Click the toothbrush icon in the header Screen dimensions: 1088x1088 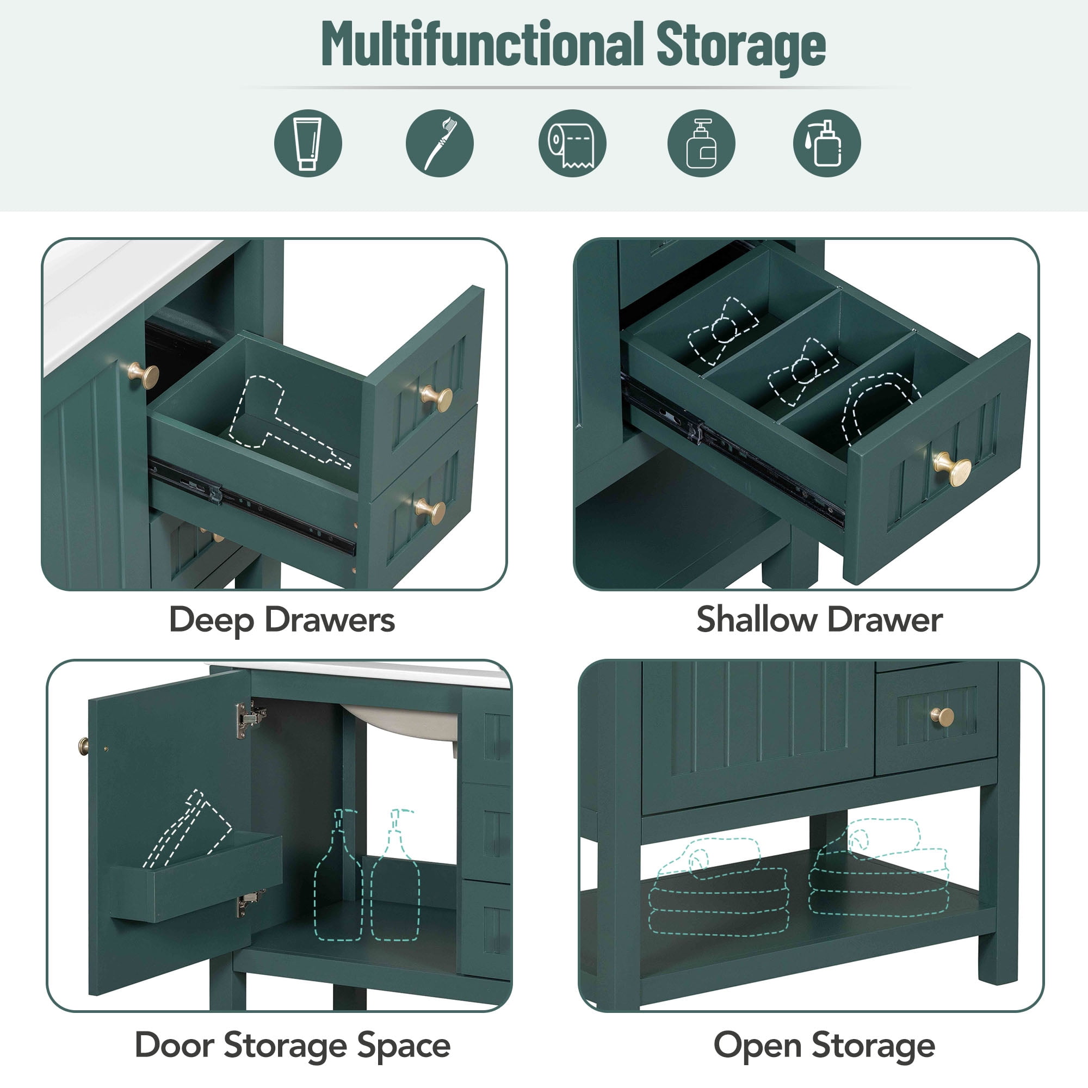(440, 143)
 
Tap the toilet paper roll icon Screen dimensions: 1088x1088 (572, 143)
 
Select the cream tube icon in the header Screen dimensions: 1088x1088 (308, 143)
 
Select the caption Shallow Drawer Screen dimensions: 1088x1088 (819, 620)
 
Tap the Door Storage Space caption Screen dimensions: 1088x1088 (293, 1046)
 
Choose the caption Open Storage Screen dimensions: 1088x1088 (824, 1046)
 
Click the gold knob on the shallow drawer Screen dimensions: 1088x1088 (953, 468)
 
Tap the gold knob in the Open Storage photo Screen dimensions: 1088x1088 (942, 717)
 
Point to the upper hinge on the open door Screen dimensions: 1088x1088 (250, 719)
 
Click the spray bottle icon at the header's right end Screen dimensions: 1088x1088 (827, 143)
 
